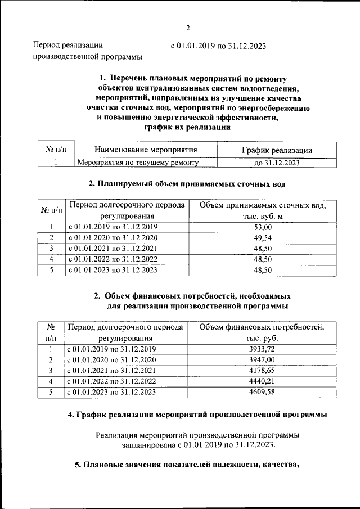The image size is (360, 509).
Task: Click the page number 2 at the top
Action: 187,29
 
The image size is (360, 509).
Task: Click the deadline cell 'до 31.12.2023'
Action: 277,163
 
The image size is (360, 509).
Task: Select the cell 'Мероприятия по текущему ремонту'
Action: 138,163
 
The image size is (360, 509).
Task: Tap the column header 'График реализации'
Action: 277,150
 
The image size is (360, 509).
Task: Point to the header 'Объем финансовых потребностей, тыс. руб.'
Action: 262,332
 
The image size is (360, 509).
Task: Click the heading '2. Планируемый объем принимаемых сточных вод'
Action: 187,183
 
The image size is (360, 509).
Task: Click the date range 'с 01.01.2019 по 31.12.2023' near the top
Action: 219,46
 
